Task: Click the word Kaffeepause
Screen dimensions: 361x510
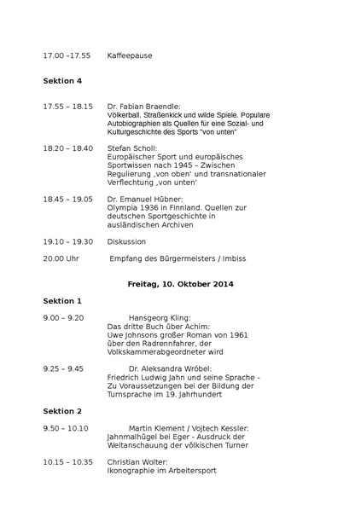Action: [x=130, y=55]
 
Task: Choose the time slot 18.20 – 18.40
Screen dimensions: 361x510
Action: [x=67, y=148]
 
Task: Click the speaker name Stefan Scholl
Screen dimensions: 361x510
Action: [x=132, y=148]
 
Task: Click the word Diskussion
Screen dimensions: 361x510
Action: [x=126, y=241]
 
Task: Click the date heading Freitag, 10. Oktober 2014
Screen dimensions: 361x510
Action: [x=180, y=283]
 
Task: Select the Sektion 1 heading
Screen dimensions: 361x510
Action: [x=62, y=301]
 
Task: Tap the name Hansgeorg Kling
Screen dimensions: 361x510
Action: [x=160, y=317]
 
